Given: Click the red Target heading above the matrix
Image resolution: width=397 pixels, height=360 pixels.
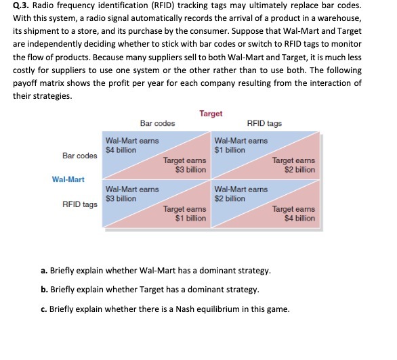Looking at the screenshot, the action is click(x=211, y=114).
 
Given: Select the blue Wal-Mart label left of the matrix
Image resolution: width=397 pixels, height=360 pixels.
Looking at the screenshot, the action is click(x=68, y=179).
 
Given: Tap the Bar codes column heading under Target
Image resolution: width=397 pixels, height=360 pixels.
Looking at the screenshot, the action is click(x=157, y=123).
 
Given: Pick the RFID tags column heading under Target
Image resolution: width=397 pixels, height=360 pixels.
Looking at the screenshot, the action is click(x=265, y=123).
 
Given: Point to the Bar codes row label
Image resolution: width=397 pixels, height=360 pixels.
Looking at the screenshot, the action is click(x=79, y=156).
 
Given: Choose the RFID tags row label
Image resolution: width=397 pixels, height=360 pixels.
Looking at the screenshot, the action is click(x=79, y=203).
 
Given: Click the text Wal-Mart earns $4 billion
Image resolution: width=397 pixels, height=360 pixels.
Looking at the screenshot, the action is click(x=131, y=145).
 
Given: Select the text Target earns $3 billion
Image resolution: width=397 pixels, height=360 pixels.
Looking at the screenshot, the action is click(x=185, y=165).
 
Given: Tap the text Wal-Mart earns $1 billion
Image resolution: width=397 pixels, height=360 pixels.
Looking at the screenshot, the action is click(x=241, y=145).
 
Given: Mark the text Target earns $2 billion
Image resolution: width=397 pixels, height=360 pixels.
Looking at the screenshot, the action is click(x=294, y=165).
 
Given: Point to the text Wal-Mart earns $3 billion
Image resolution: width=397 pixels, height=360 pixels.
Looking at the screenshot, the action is click(x=131, y=194).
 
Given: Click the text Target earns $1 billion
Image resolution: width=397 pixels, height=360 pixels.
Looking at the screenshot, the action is click(x=185, y=214).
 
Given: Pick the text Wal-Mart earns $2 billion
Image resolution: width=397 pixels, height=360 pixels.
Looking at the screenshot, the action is click(x=241, y=194).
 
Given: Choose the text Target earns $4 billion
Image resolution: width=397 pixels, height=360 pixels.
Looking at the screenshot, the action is click(x=294, y=214).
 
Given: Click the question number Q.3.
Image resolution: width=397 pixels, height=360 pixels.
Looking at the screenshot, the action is click(x=22, y=5).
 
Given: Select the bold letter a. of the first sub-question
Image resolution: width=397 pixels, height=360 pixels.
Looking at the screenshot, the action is click(x=44, y=271).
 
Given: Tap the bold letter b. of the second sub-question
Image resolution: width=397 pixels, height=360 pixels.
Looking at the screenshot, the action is click(x=44, y=290).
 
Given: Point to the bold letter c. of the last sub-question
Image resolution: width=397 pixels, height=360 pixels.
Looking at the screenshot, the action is click(x=44, y=309).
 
